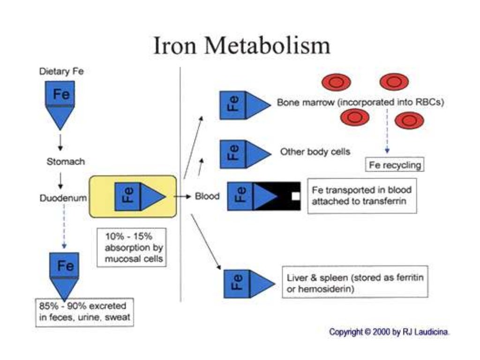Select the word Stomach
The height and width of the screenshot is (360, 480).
66,162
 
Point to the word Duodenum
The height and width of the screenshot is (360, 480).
63,198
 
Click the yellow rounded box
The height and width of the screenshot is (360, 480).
133,196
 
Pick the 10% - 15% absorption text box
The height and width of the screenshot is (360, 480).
132,247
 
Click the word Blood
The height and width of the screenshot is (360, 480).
207,196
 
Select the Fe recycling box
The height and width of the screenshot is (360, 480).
394,165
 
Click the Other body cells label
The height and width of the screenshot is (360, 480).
315,152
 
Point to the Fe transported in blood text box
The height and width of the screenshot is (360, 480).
361,196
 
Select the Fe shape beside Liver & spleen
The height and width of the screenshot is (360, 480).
248,284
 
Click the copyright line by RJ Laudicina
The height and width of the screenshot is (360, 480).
390,332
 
